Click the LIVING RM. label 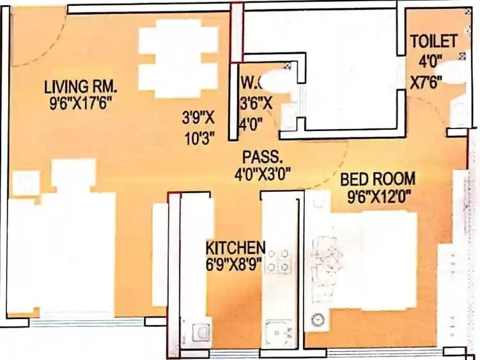click(x=81, y=86)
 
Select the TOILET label click(x=433, y=42)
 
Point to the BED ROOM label click(x=378, y=179)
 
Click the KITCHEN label click(x=235, y=247)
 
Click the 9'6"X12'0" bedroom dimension click(x=378, y=196)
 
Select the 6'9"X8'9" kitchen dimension click(x=234, y=263)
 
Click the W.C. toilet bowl click(x=275, y=81)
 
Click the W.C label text click(x=249, y=82)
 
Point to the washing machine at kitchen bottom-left click(x=199, y=331)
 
